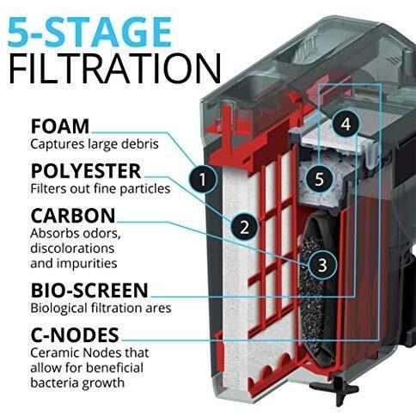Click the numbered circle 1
(x=203, y=179)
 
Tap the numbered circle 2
(x=245, y=227)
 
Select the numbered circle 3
(x=322, y=265)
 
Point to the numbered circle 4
(x=346, y=124)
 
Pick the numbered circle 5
(x=320, y=179)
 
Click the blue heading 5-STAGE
(x=89, y=32)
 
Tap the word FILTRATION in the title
(x=115, y=68)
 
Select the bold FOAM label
(x=60, y=126)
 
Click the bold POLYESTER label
(x=86, y=171)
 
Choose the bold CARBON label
(x=73, y=216)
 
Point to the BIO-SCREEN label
(x=89, y=291)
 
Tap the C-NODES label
(x=75, y=335)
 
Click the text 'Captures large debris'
(x=95, y=144)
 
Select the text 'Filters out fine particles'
(x=101, y=189)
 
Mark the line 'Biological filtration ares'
(x=101, y=308)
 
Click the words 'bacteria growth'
(x=77, y=382)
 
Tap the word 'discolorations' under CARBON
(x=72, y=248)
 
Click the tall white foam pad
(x=234, y=281)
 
